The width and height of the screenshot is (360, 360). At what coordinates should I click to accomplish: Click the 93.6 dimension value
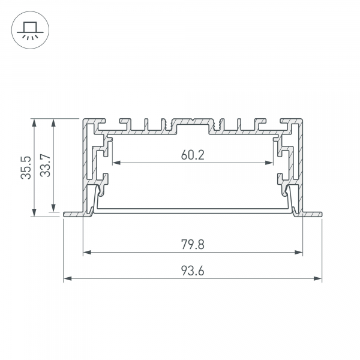[192, 271]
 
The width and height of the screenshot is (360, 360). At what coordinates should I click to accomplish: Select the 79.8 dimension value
[192, 244]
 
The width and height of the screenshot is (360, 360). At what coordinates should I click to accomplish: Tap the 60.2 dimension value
[192, 155]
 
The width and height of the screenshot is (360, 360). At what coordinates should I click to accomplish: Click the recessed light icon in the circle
[28, 28]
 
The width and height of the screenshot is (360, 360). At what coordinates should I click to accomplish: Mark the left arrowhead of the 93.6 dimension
[67, 279]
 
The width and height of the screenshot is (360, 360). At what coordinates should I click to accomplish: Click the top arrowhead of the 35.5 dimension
[35, 122]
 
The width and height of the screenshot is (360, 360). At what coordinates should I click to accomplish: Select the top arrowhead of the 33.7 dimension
[55, 122]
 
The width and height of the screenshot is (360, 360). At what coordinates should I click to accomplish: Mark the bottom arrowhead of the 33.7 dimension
[55, 203]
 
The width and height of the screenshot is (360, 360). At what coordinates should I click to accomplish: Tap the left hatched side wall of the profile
[85, 162]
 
